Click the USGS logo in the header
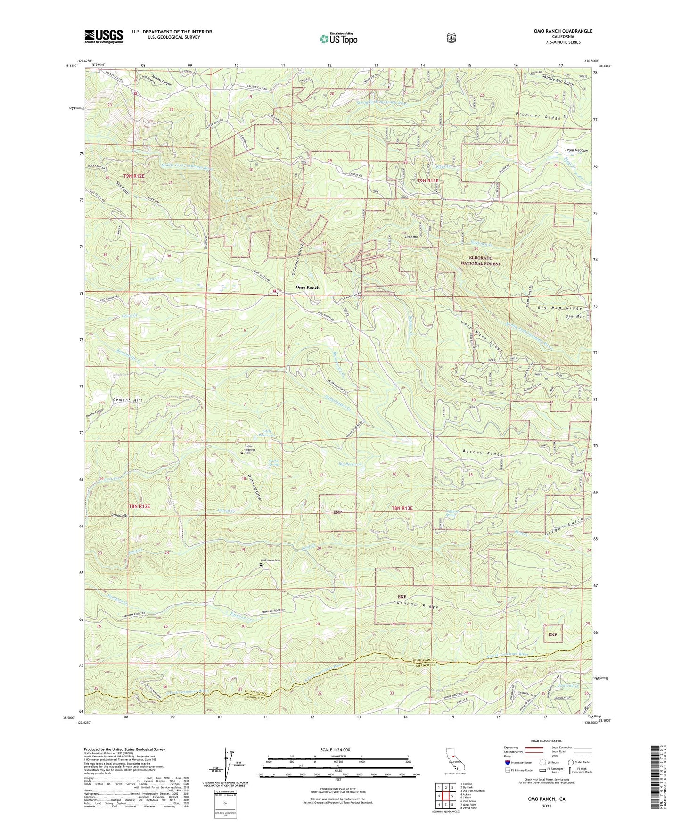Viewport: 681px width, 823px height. tap(104, 36)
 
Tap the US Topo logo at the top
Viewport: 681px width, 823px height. tap(338, 39)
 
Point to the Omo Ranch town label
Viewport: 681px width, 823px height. tap(307, 288)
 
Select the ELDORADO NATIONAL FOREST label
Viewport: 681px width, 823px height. tap(480, 261)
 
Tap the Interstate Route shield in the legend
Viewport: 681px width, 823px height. tap(508, 762)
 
